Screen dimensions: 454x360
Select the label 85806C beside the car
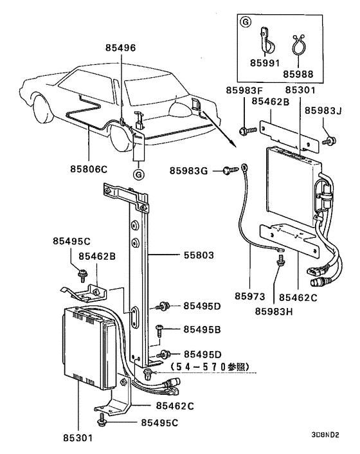point(90,170)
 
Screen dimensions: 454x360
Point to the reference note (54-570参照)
point(204,367)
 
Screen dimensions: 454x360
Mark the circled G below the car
point(138,174)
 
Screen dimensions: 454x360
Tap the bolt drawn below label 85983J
point(328,139)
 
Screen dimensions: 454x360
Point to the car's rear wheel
point(120,136)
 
